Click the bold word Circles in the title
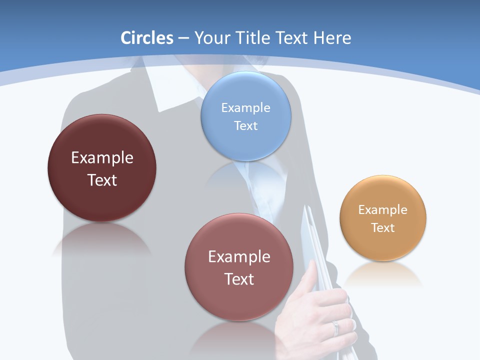tap(146, 38)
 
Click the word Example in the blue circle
tap(245, 107)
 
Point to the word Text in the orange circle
tap(383, 227)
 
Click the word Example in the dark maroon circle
tap(102, 158)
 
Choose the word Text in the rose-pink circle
tap(239, 279)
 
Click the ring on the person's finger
tap(335, 327)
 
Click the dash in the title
tap(183, 38)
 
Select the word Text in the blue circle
tap(245, 125)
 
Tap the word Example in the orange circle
tap(383, 209)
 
